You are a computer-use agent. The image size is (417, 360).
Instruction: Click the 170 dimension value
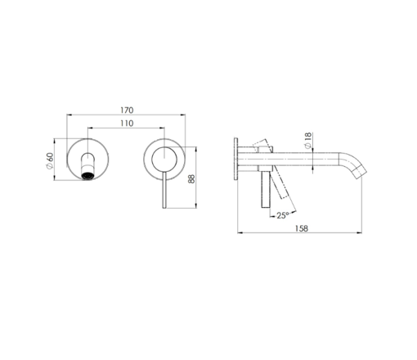point(127,110)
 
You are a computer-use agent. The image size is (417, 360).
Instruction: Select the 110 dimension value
point(127,124)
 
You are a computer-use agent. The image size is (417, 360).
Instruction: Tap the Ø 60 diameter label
point(50,160)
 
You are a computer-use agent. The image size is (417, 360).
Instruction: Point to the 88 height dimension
point(191,178)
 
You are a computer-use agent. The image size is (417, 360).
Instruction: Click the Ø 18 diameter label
point(307,141)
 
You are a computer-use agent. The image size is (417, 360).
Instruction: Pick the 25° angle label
point(283,215)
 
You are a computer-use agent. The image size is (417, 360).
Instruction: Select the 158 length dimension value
point(302,228)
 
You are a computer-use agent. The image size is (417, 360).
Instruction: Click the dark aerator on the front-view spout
point(87,176)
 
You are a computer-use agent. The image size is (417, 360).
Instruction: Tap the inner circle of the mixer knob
point(164,160)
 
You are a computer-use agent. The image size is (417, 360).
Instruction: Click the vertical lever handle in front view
point(164,190)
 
